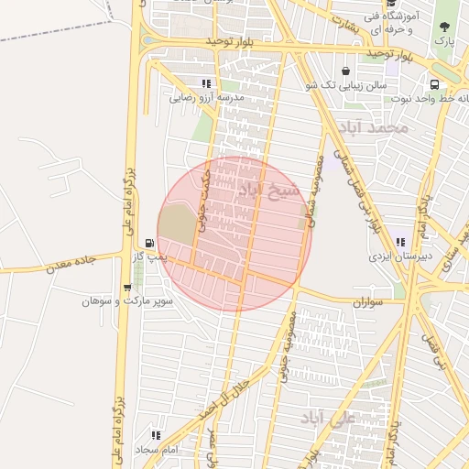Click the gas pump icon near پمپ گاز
tap(149, 245)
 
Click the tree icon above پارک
tap(445, 27)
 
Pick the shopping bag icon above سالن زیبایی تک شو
tap(345, 71)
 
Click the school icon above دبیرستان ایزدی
tap(400, 242)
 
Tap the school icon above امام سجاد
tap(156, 435)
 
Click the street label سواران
tap(367, 300)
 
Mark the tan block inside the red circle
tap(177, 224)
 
